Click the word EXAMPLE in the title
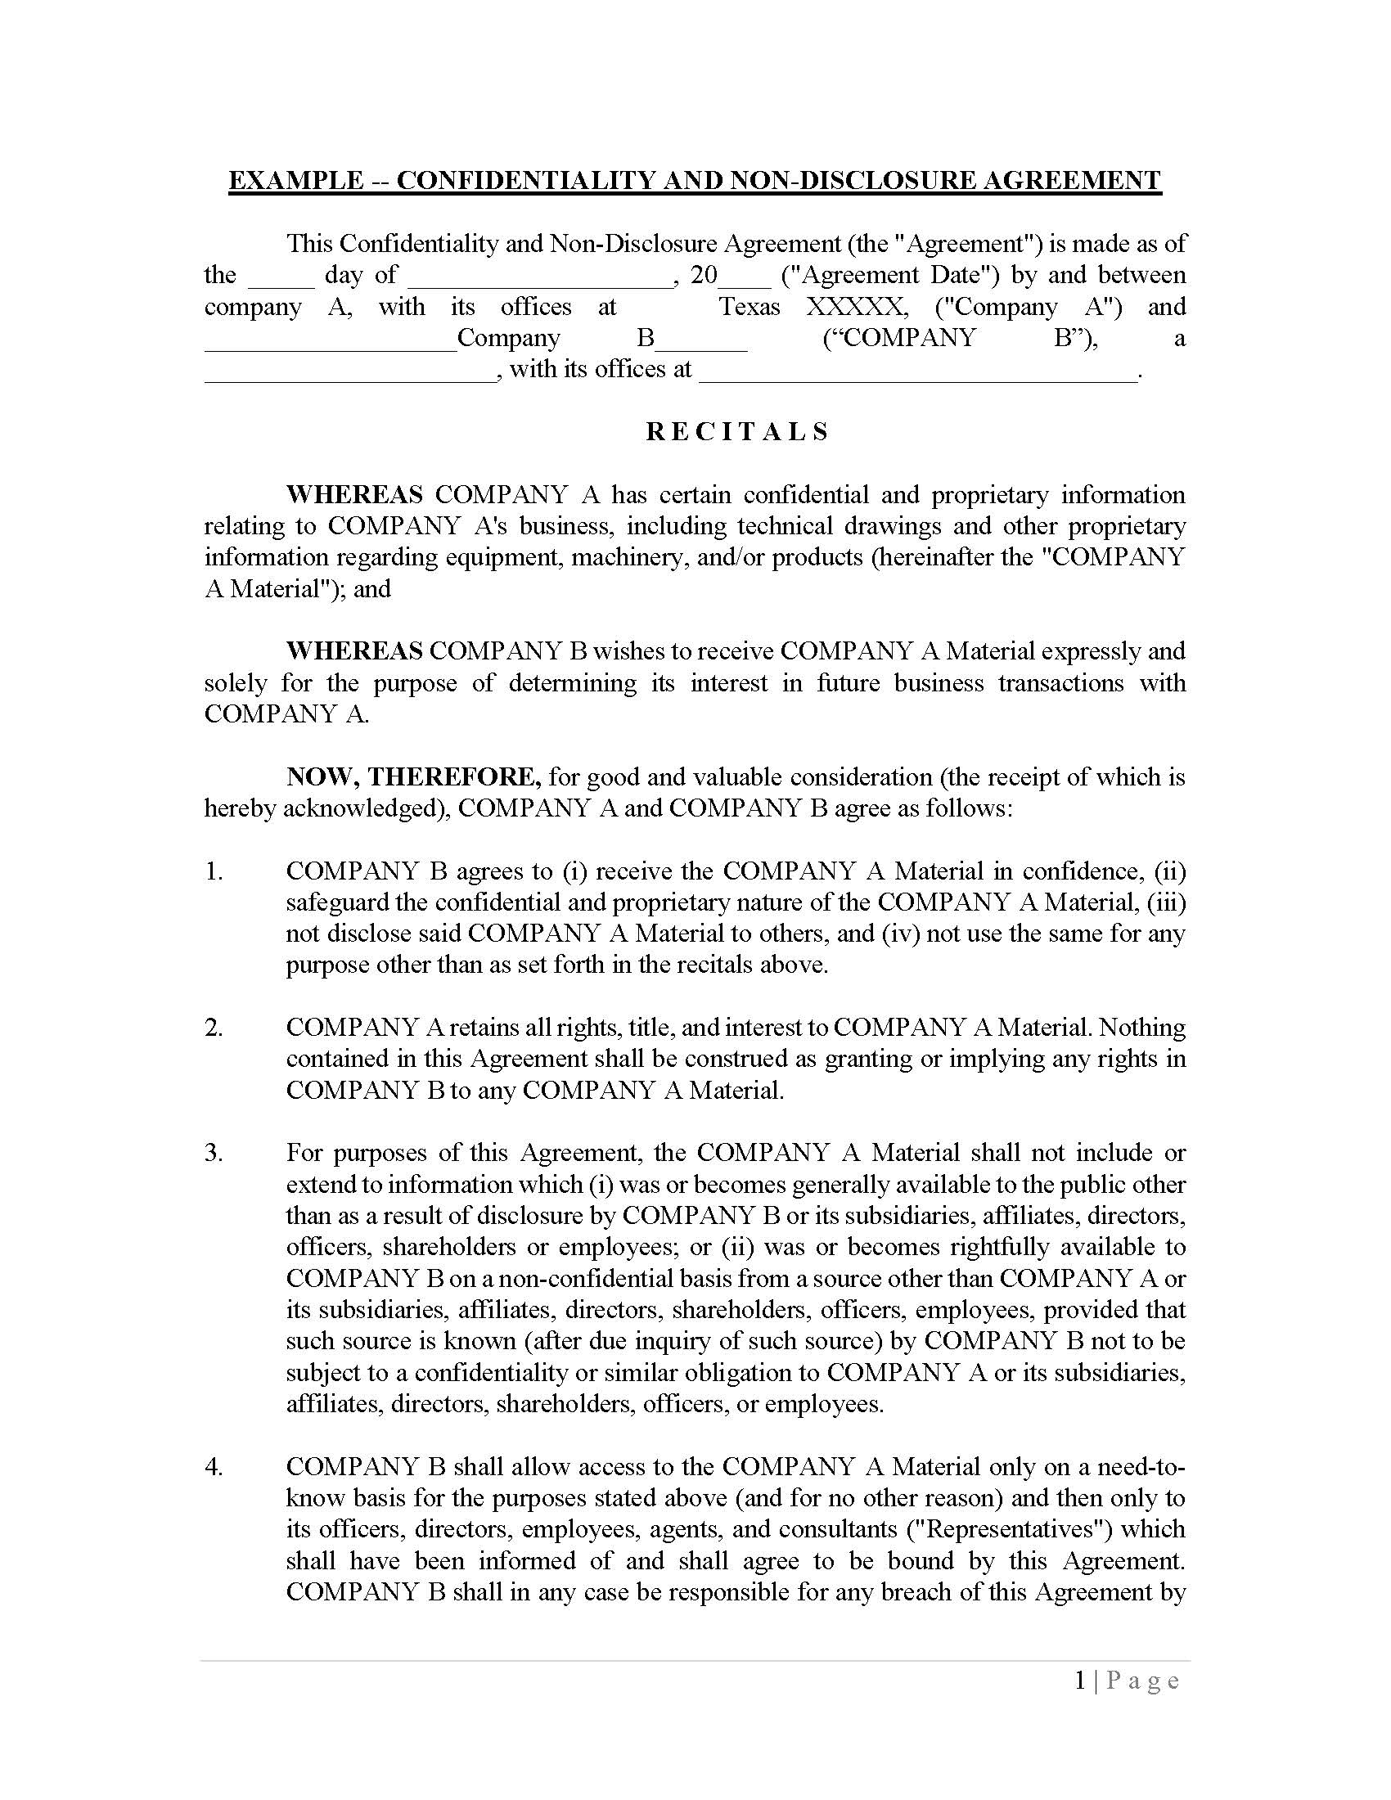(295, 181)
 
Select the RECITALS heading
(736, 432)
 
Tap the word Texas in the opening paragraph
(749, 307)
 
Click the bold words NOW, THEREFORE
(413, 776)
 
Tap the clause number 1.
(214, 871)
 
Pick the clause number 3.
(214, 1153)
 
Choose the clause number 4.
(214, 1466)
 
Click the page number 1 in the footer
(1080, 1681)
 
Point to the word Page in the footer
(1143, 1681)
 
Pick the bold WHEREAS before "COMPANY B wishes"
(354, 651)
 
